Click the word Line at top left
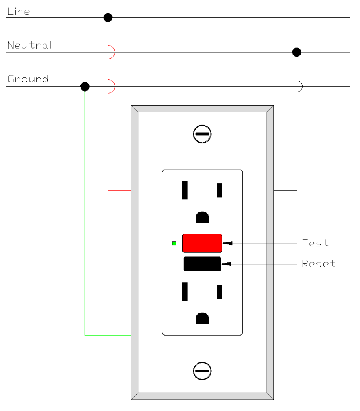[18, 12]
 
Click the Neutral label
[30, 45]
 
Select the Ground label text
[28, 79]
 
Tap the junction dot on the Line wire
[108, 18]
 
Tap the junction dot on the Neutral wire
[297, 52]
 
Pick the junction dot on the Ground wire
[85, 86]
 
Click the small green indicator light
[174, 243]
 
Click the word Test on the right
[315, 243]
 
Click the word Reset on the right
[319, 264]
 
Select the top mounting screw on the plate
[202, 134]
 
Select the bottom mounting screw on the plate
[202, 371]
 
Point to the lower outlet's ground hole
[202, 318]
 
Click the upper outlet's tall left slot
[185, 190]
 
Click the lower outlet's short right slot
[220, 291]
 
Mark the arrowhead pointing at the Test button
[227, 243]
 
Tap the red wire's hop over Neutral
[112, 52]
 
